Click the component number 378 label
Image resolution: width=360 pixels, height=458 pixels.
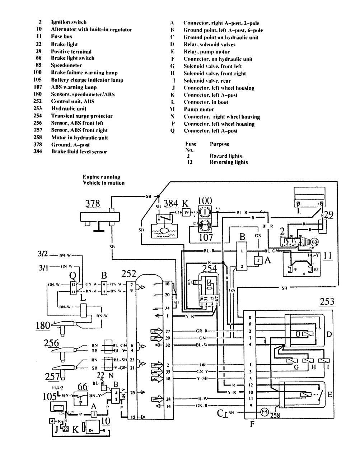93,204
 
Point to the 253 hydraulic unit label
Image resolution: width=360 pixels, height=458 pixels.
326,302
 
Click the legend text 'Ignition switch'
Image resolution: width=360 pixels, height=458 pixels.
69,22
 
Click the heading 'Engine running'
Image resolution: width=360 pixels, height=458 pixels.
102,177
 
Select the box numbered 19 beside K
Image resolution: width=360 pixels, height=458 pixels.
186,213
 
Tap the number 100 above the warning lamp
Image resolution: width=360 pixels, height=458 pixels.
205,201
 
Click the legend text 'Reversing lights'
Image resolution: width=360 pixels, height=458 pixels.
229,162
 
